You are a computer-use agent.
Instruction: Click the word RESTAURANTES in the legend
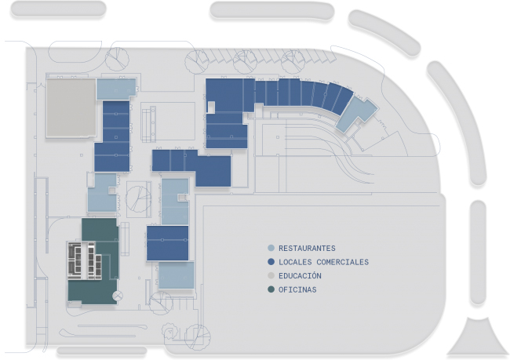(x=307, y=248)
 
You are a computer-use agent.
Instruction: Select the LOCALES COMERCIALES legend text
(x=323, y=262)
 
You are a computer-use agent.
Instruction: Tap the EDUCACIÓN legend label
(x=300, y=276)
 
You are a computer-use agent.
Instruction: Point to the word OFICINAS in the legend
(x=297, y=290)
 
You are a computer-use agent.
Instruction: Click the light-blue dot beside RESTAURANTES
(x=271, y=248)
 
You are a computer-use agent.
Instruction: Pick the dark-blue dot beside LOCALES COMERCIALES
(x=271, y=262)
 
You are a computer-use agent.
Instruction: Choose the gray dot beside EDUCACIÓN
(x=271, y=276)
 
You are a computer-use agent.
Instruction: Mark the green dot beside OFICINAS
(x=271, y=290)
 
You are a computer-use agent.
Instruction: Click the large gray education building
(x=70, y=108)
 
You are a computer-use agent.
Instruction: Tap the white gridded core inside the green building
(x=85, y=260)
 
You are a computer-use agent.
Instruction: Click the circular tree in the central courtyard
(x=138, y=198)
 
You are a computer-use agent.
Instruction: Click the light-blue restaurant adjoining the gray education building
(x=116, y=88)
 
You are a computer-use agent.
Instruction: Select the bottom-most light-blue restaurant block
(x=176, y=276)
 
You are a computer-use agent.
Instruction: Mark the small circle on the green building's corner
(x=118, y=296)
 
